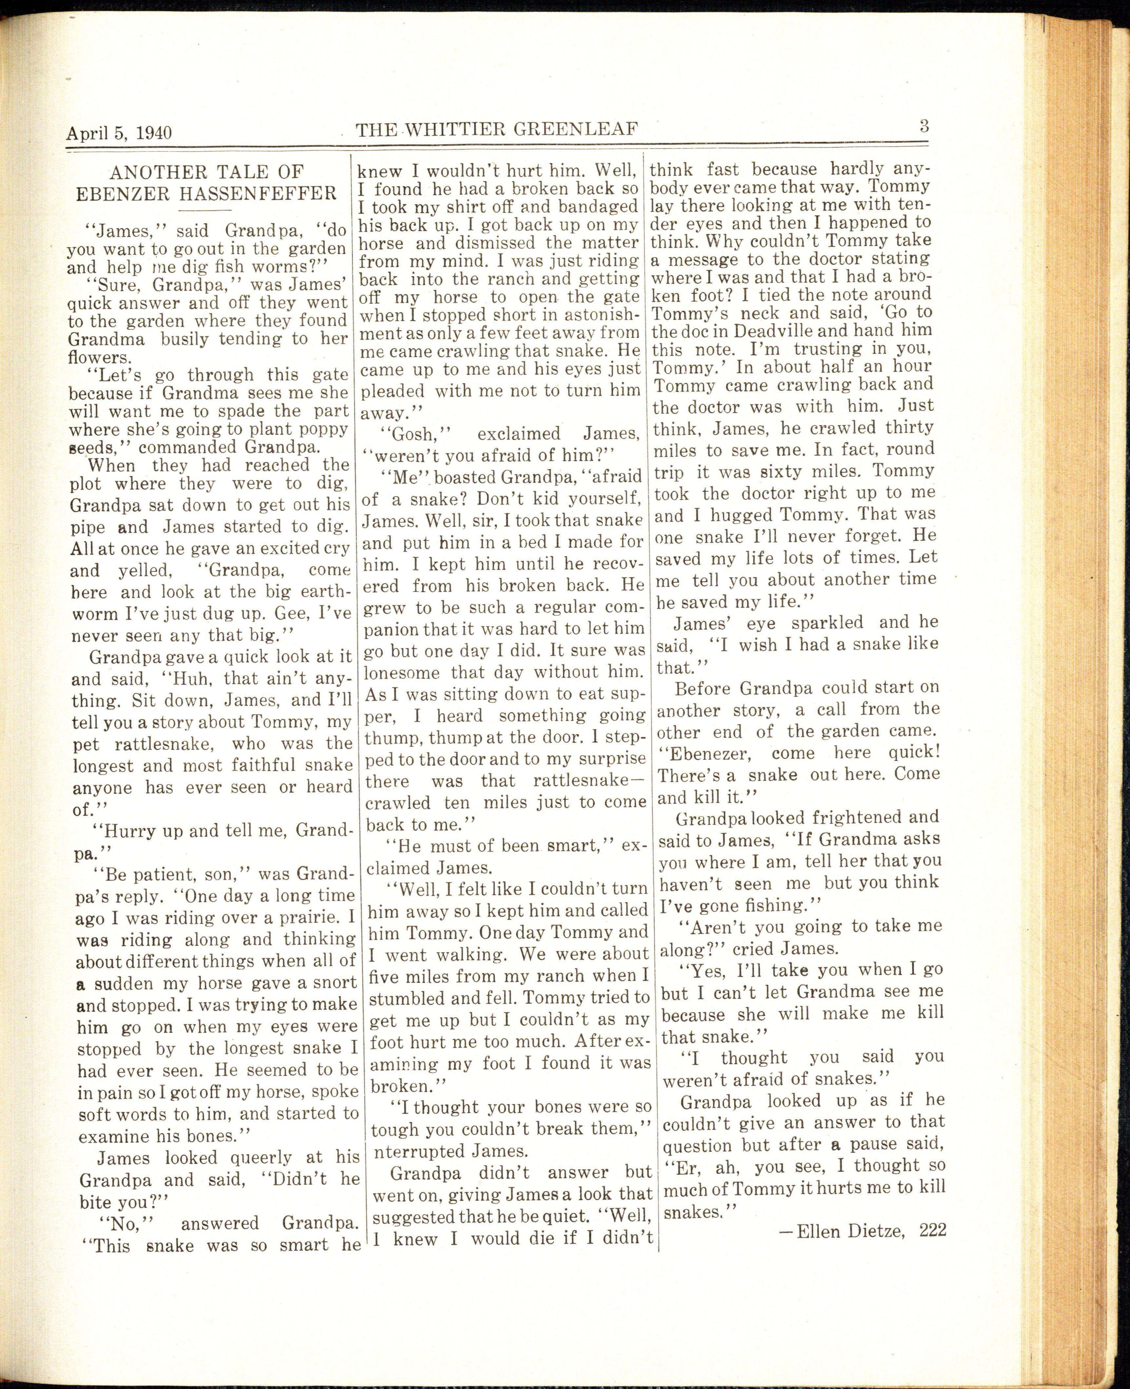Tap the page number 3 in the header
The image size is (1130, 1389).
(x=924, y=126)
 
